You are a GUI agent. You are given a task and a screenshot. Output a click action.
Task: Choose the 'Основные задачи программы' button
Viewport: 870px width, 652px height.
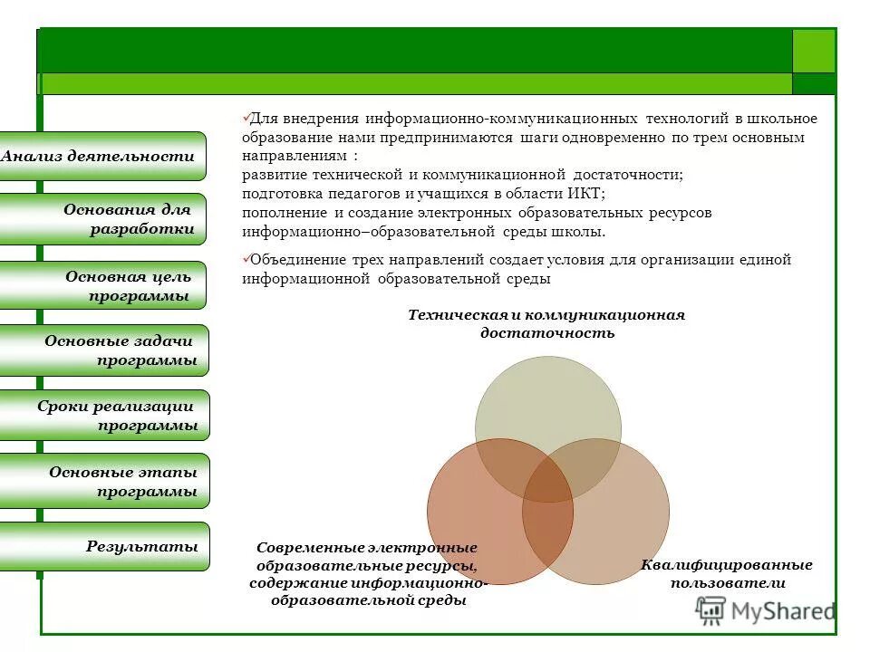point(103,350)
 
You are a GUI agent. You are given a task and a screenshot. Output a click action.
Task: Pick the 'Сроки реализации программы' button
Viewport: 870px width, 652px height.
point(103,416)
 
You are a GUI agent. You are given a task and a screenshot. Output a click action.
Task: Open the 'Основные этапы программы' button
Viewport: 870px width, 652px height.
point(103,481)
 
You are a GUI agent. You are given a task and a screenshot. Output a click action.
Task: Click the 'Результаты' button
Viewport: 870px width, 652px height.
point(103,546)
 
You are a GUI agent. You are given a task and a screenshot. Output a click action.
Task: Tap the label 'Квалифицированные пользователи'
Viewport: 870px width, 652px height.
point(726,574)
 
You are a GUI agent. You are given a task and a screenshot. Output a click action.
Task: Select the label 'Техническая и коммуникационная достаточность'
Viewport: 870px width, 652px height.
point(546,323)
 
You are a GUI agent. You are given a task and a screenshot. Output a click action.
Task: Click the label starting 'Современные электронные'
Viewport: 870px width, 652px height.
point(368,574)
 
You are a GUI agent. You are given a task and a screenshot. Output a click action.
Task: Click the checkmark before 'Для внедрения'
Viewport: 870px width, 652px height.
point(246,118)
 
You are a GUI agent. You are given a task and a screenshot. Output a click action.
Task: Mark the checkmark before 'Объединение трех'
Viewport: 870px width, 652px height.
point(246,258)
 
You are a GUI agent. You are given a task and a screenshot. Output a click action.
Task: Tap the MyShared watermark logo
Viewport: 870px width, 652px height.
point(765,611)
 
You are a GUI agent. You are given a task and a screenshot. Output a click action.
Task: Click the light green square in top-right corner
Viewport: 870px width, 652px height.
point(813,51)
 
